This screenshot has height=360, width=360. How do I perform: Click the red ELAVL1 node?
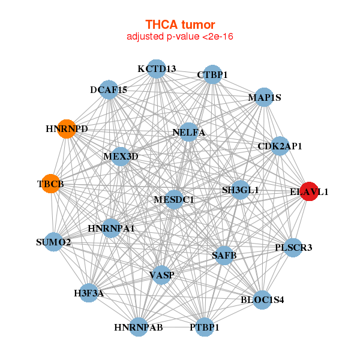pos(310,191)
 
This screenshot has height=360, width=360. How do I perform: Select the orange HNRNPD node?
pos(67,129)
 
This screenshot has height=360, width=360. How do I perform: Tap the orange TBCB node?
pos(51,184)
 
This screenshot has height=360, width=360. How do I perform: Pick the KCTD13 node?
pos(157,69)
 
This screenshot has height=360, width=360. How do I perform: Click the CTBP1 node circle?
pos(212,74)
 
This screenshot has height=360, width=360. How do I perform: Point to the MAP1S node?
pos(264,97)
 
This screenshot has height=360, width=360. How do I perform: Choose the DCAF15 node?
pos(109,89)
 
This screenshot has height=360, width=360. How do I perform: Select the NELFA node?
pos(188,132)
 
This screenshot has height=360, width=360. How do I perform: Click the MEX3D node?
pos(121,157)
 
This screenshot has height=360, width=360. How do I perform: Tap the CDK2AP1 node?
pos(280,146)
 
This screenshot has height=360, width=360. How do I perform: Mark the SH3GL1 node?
pos(241,190)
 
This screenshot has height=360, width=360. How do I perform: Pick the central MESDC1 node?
pos(174,200)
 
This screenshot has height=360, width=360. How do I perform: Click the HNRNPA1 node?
pos(111,228)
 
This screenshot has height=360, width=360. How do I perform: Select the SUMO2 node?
pos(53,242)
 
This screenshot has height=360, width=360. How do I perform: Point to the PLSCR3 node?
pos(293,247)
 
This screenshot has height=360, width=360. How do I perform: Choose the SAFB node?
pos(224,255)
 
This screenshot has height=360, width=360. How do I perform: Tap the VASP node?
pos(161,275)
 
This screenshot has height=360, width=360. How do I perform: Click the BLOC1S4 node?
pos(262,299)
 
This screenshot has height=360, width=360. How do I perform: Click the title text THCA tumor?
pos(180,25)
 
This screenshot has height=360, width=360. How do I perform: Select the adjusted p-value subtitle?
pos(180,37)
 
